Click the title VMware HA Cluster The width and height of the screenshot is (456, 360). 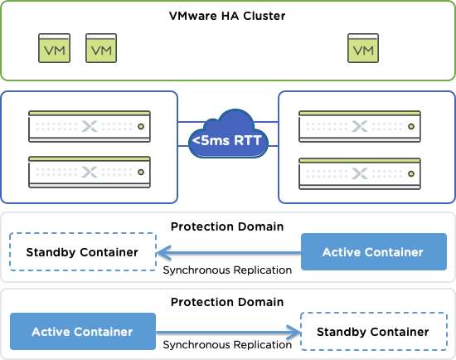pyautogui.click(x=227, y=16)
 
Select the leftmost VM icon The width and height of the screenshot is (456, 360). pyautogui.click(x=55, y=48)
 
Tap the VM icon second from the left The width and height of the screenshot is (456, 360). pyautogui.click(x=101, y=48)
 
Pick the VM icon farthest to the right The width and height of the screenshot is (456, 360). pyautogui.click(x=363, y=48)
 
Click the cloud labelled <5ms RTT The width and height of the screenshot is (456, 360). pyautogui.click(x=228, y=134)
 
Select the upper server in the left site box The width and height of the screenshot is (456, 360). pyautogui.click(x=90, y=126)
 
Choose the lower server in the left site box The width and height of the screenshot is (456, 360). pyautogui.click(x=90, y=172)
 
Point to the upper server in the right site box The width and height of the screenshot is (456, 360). pyautogui.click(x=360, y=126)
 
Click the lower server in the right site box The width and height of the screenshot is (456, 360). pyautogui.click(x=360, y=173)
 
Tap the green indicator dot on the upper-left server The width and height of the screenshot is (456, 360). pyautogui.click(x=141, y=127)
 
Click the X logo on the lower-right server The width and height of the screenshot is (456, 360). pyautogui.click(x=360, y=173)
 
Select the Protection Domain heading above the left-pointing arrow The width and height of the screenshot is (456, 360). pyautogui.click(x=227, y=226)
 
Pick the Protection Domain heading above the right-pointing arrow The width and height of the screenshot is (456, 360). pyautogui.click(x=227, y=302)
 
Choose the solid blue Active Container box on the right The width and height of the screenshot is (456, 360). pyautogui.click(x=374, y=251)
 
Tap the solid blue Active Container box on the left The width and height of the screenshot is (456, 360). pyautogui.click(x=83, y=332)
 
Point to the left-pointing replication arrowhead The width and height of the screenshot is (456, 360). pyautogui.click(x=163, y=253)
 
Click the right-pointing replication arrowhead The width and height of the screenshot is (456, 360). pyautogui.click(x=294, y=332)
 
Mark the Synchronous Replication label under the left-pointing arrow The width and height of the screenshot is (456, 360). pyautogui.click(x=227, y=270)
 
